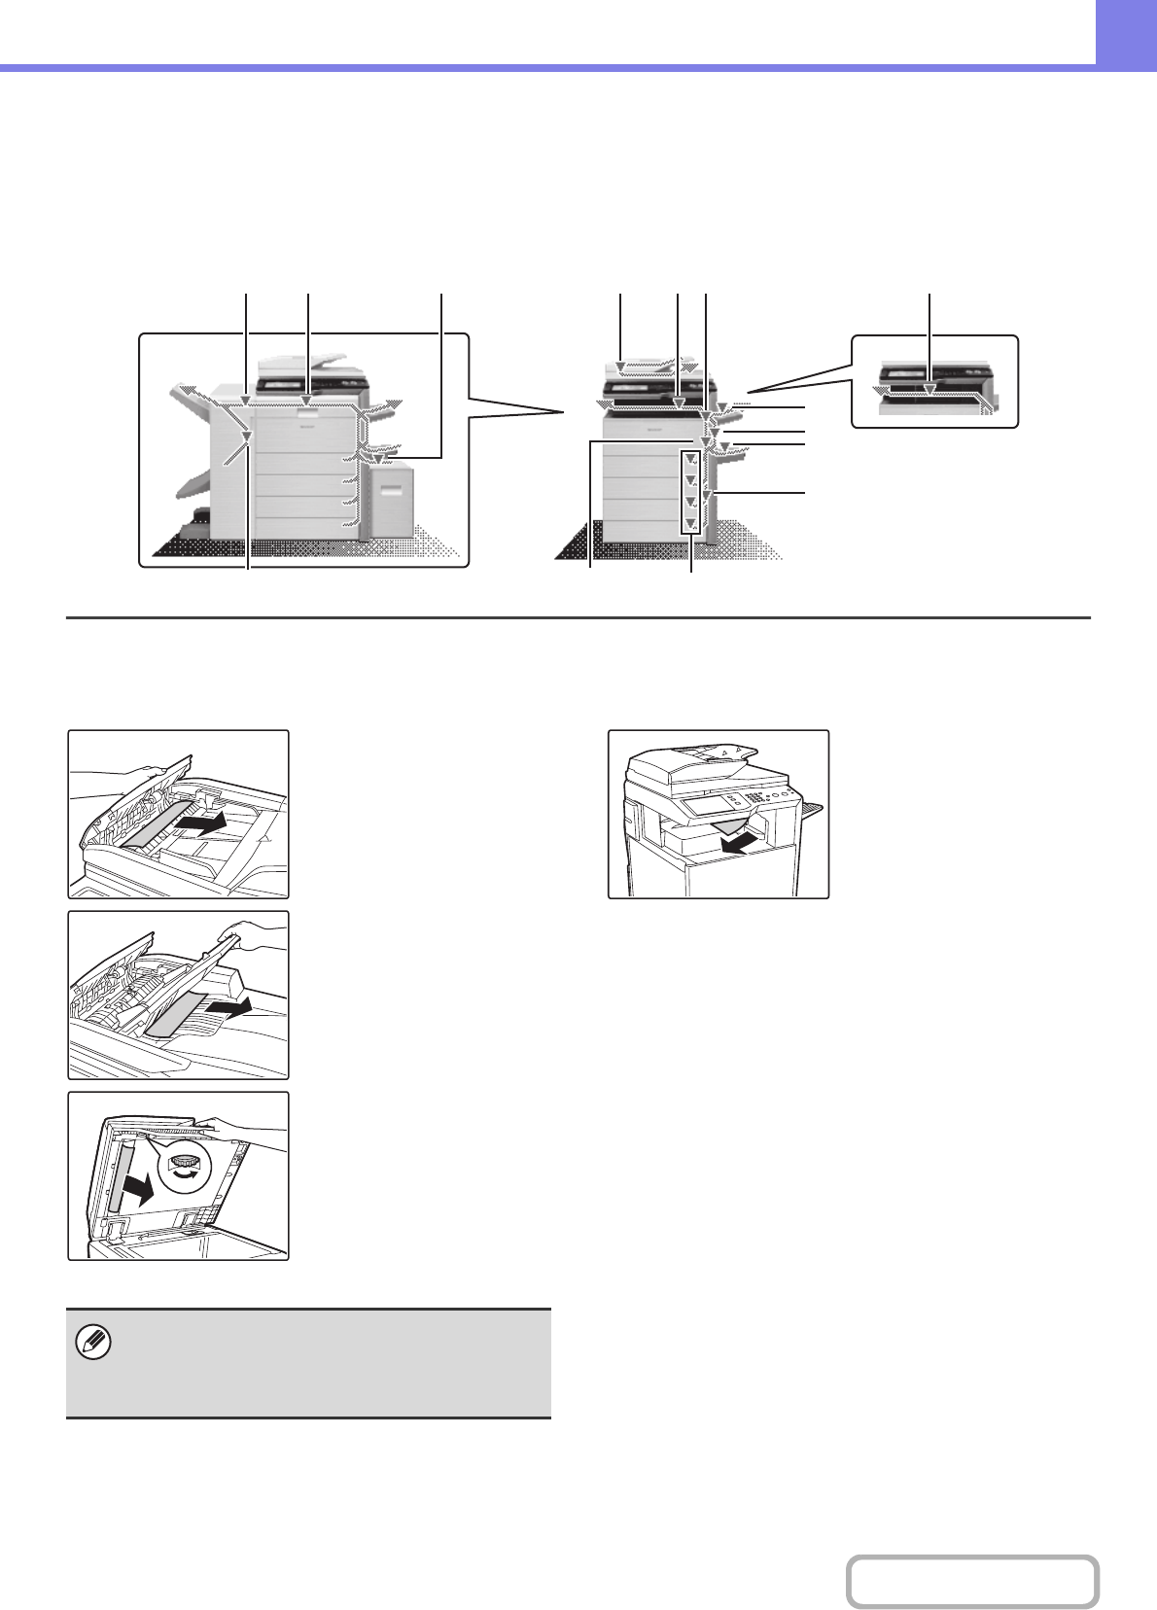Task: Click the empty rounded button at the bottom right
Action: pyautogui.click(x=972, y=1582)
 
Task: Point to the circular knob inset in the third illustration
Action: pyautogui.click(x=185, y=1168)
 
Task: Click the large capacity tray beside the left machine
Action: pyautogui.click(x=393, y=498)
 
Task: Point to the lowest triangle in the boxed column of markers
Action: pyautogui.click(x=690, y=523)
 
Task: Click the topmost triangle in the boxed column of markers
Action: pyautogui.click(x=690, y=459)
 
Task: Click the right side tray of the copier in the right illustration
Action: pyautogui.click(x=810, y=808)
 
